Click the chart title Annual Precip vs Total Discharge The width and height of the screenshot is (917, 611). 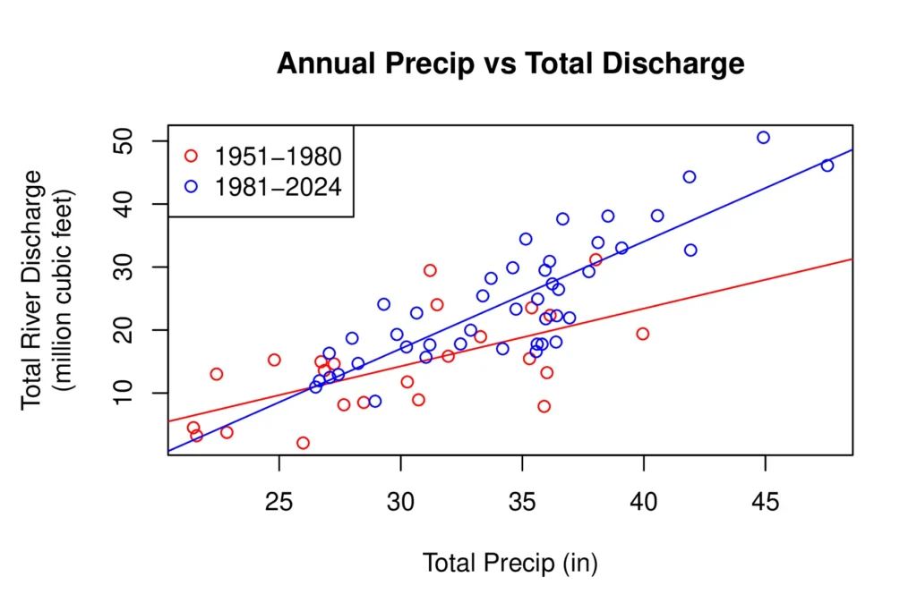510,64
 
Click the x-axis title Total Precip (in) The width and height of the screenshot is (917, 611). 510,564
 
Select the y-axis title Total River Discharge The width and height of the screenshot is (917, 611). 32,289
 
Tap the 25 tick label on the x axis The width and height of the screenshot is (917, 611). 279,505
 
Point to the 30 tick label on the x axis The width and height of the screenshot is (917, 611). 400,505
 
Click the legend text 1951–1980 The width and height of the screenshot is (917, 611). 278,157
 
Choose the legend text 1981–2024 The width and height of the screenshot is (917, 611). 278,186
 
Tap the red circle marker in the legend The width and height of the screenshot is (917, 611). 191,156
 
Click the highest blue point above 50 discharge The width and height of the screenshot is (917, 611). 763,138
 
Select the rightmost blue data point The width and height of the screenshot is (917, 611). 827,165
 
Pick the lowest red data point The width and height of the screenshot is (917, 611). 303,443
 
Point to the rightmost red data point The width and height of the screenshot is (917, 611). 642,334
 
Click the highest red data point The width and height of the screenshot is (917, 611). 596,260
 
